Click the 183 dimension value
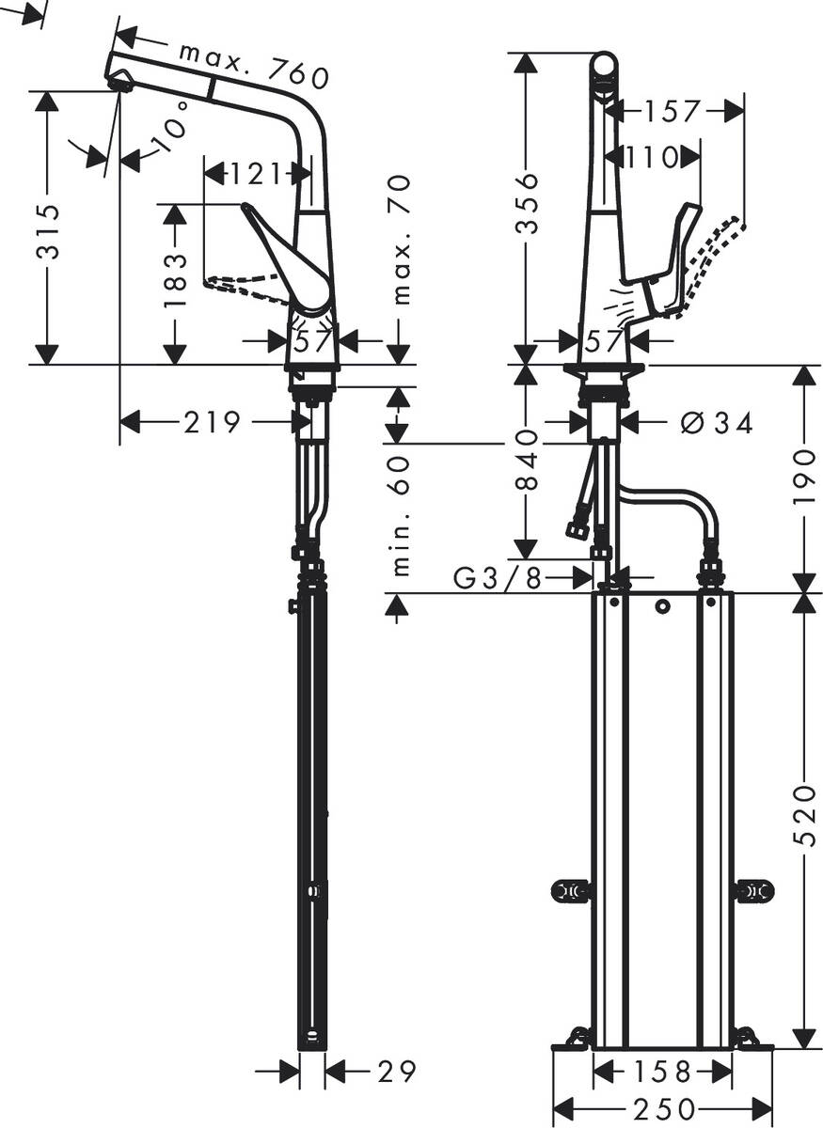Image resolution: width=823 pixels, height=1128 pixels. tap(175, 283)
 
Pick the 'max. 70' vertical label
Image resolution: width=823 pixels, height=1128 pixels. tap(402, 241)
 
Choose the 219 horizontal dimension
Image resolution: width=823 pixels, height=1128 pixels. tap(211, 423)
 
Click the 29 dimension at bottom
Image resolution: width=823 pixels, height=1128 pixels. tap(395, 1070)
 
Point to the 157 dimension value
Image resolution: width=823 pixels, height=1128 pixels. tap(673, 112)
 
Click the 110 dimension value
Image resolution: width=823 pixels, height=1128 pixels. tap(651, 157)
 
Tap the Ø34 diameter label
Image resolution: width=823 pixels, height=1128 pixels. tap(716, 424)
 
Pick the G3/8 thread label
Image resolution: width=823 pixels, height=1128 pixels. tap(498, 579)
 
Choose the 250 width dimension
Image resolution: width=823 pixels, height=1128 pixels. tap(664, 1109)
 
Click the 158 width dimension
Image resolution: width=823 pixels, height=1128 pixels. tap(662, 1071)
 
